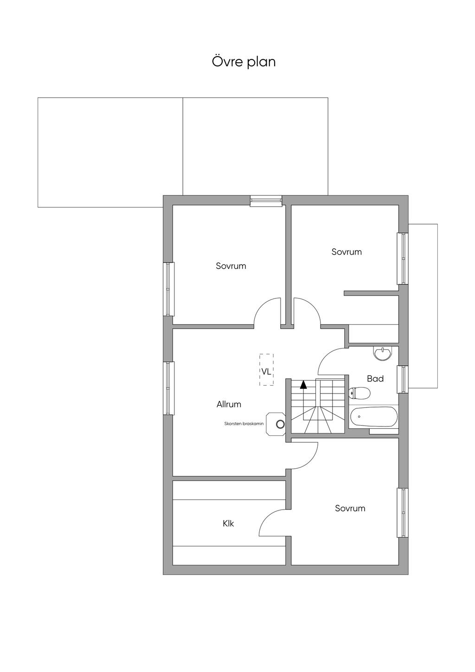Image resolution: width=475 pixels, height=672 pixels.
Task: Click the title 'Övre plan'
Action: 244,62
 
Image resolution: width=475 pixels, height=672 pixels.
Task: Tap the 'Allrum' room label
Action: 229,404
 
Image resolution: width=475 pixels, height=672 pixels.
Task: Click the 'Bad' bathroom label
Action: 375,379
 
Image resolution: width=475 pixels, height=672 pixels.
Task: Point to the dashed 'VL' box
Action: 266,369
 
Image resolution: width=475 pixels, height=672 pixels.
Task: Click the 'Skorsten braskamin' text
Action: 244,424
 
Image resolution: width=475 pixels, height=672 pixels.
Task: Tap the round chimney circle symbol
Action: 280,424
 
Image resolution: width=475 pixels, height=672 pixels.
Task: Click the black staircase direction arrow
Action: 303,385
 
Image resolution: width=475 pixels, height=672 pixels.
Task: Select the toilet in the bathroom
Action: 359,393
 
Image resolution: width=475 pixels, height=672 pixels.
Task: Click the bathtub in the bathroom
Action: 373,416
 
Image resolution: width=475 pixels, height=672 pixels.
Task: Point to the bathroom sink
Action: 383,353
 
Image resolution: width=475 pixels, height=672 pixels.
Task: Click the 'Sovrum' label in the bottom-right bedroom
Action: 350,508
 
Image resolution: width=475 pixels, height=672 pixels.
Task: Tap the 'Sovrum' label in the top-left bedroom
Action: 231,266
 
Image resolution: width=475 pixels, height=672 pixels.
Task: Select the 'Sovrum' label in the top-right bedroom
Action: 347,252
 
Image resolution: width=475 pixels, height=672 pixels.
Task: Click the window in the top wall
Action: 266,201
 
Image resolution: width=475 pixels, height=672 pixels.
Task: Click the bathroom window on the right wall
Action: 403,379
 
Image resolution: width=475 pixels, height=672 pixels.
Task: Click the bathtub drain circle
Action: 359,417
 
